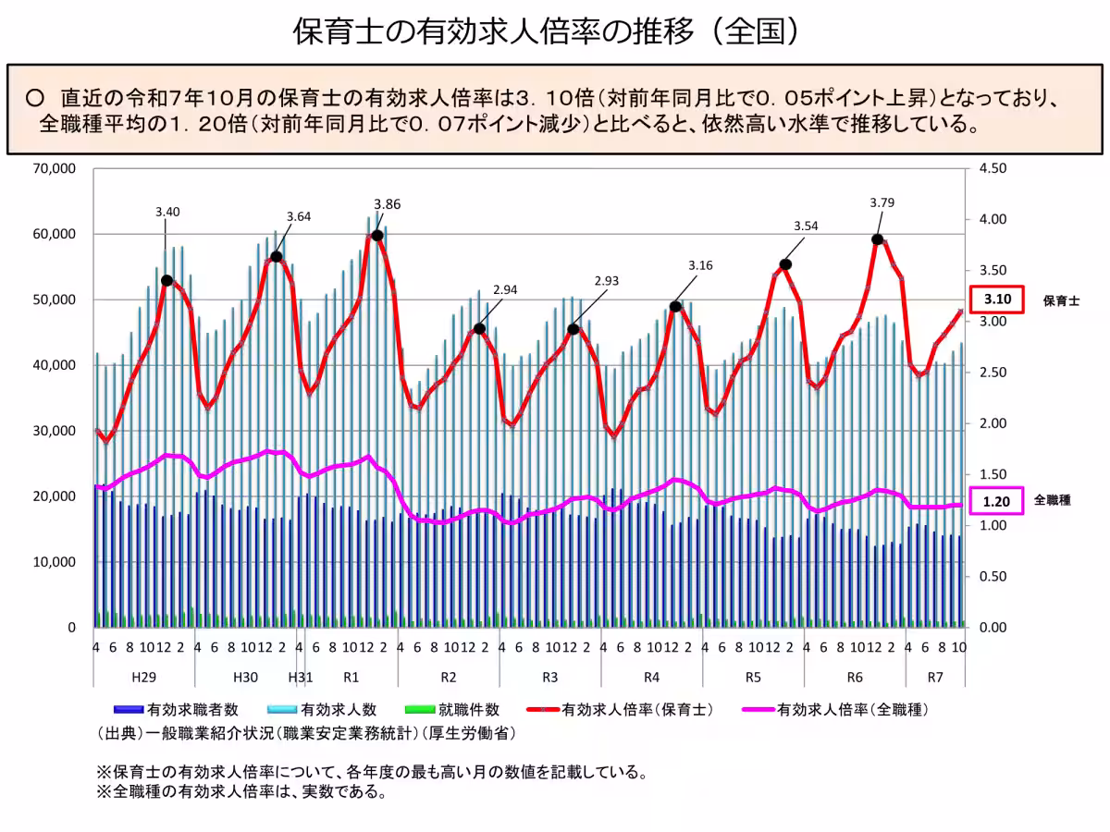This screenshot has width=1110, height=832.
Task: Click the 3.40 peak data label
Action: [167, 212]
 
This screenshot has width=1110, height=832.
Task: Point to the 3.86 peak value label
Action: [387, 204]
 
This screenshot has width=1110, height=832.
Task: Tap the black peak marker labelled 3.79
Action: [877, 239]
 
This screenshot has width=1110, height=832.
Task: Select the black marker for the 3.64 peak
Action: [276, 256]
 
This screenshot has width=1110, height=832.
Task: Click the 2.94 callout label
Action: [505, 289]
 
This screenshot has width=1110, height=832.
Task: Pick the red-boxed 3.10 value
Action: [997, 300]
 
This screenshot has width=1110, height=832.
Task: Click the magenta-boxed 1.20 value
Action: [997, 501]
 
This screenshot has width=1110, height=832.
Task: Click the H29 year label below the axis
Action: [143, 677]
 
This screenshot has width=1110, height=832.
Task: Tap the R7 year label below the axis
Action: [935, 677]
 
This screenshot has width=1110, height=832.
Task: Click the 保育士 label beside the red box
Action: [1062, 300]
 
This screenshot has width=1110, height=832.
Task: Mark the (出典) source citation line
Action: [305, 733]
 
